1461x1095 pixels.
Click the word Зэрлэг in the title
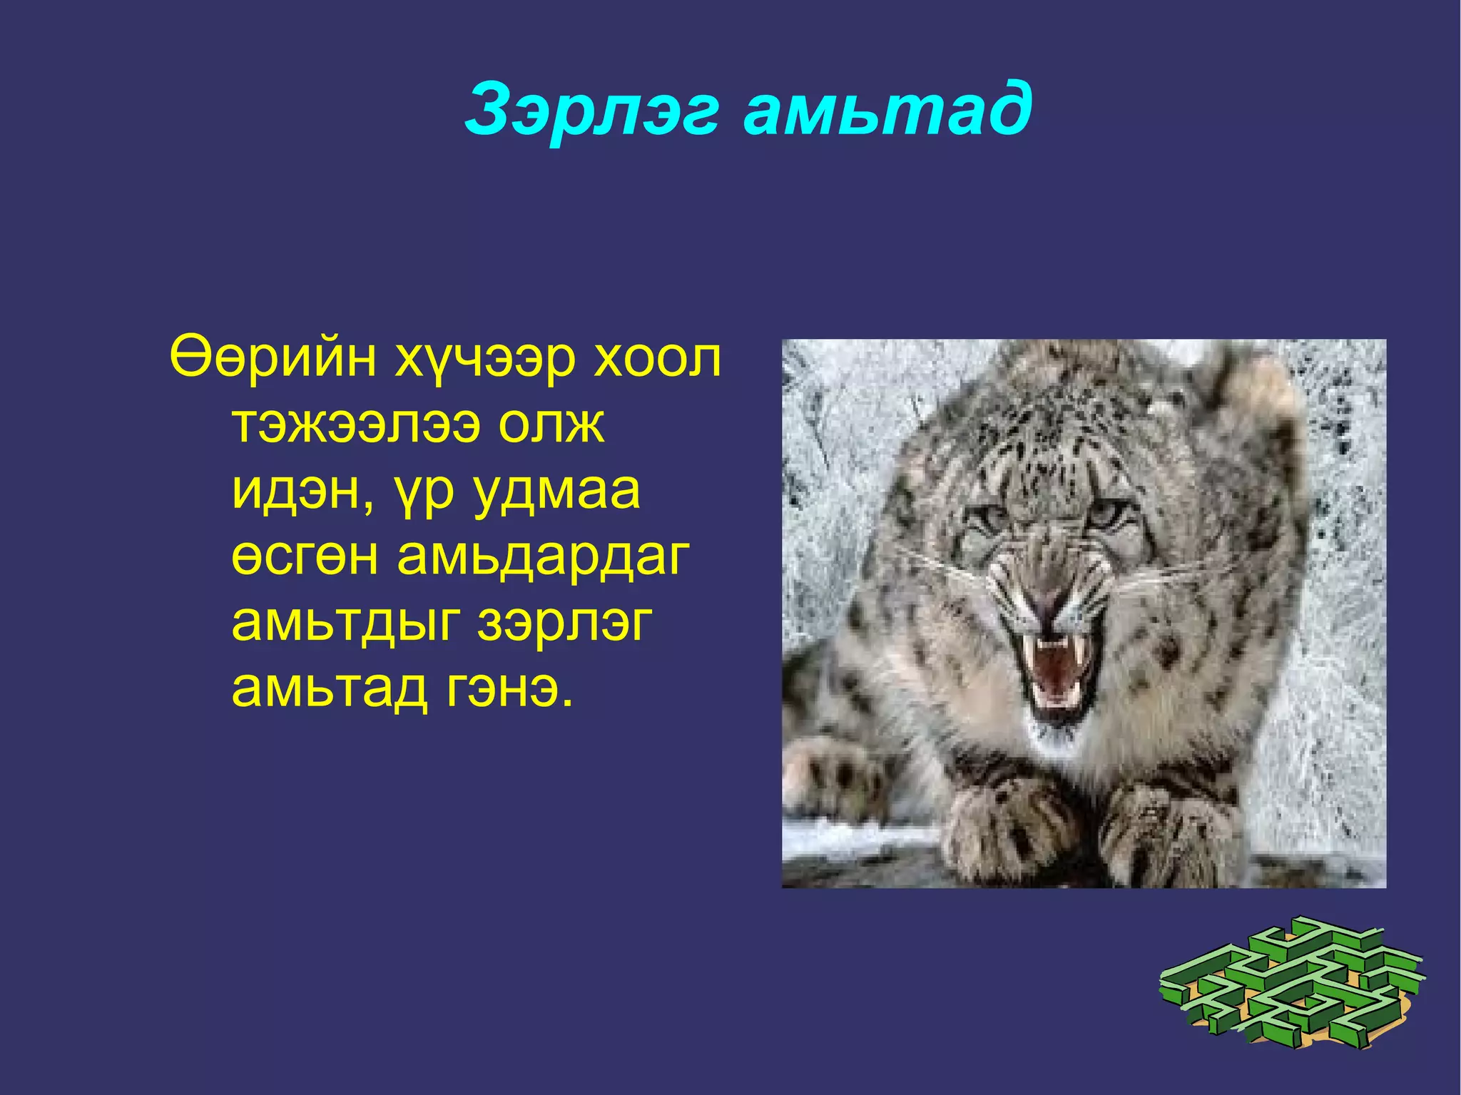pyautogui.click(x=591, y=111)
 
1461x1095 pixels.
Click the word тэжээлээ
pyautogui.click(x=356, y=426)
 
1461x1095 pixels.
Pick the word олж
pyautogui.click(x=551, y=424)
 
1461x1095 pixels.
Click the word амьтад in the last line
pyautogui.click(x=329, y=688)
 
